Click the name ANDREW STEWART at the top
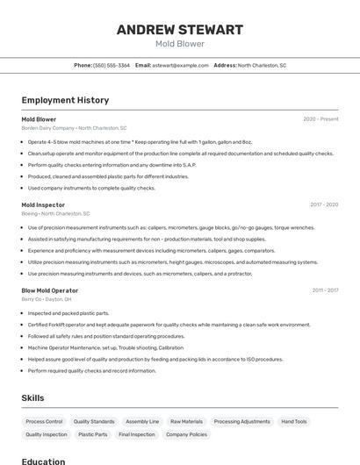pos(179,30)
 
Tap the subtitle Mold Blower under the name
pos(179,44)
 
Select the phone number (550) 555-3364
pos(112,65)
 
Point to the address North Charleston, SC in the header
pos(262,65)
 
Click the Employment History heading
pos(65,100)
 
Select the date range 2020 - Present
pos(320,118)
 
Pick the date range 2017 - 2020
pos(324,204)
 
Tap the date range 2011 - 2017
pos(325,290)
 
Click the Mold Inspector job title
pos(43,204)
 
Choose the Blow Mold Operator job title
pos(50,290)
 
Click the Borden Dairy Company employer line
pos(74,128)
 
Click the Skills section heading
pos(32,397)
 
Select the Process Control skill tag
pos(44,421)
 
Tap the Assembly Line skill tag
pos(142,421)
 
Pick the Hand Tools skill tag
pos(294,421)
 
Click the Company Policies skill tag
pos(186,434)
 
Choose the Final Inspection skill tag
pos(136,434)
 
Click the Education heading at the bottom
pos(43,461)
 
